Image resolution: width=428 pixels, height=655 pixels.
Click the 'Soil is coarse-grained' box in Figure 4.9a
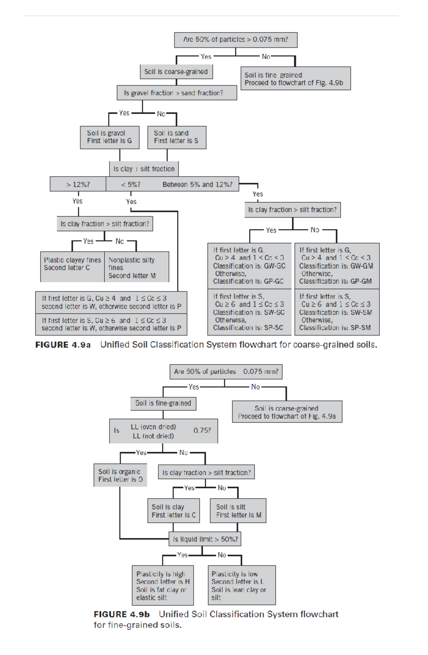click(x=176, y=72)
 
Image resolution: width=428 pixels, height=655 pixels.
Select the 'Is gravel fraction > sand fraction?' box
click(x=177, y=93)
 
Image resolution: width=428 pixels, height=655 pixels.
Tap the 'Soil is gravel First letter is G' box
click(x=109, y=137)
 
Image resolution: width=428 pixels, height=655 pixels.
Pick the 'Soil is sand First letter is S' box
click(x=177, y=137)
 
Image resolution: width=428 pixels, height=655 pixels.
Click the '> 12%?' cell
click(x=78, y=185)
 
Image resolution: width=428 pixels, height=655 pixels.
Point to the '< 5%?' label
click(x=131, y=185)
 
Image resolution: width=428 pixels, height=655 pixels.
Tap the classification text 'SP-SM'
click(x=361, y=328)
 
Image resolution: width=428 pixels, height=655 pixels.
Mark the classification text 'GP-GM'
click(x=361, y=281)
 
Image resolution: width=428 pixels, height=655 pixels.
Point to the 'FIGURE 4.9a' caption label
click(x=63, y=345)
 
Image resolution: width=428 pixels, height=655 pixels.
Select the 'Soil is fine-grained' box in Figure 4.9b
click(x=163, y=403)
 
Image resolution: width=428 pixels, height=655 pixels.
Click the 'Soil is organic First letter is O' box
click(x=120, y=475)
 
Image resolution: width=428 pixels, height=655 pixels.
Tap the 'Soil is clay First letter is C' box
click(x=174, y=511)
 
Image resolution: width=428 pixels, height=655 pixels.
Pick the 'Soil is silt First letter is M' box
click(x=238, y=511)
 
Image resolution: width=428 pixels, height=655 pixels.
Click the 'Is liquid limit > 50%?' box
click(x=205, y=539)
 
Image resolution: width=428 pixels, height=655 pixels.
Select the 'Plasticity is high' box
click(x=163, y=585)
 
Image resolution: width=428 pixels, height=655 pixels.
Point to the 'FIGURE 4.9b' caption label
click(x=122, y=614)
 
